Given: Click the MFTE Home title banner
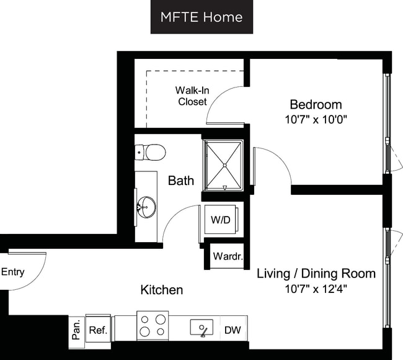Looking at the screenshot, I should [x=201, y=17].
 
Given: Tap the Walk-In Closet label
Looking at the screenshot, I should [x=192, y=96].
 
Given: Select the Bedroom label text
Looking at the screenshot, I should [x=316, y=104].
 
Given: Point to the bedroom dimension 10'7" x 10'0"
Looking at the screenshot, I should [x=316, y=119].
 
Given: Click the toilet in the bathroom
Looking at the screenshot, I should [x=151, y=151].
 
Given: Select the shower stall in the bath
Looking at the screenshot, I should [x=223, y=164].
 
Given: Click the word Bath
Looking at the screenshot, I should [x=181, y=181].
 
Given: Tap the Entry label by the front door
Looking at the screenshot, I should [x=12, y=272].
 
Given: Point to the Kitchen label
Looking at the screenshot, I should [x=162, y=290].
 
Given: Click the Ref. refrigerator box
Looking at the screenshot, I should [x=98, y=329].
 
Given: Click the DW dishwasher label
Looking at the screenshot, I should [x=232, y=330].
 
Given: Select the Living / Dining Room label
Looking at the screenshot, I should [x=316, y=273].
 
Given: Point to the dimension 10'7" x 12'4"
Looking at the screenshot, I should [x=316, y=289].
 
